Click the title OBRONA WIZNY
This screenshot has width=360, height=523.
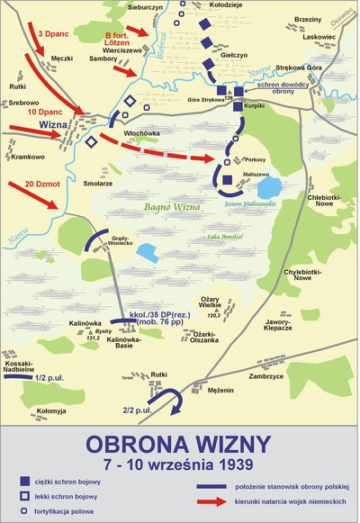179,443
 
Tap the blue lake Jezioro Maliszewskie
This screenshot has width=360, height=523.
268,189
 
